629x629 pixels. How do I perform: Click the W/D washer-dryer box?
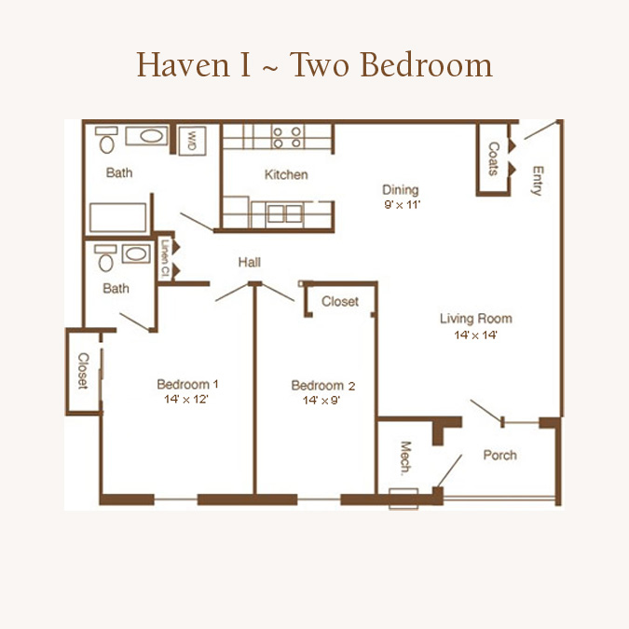(192, 141)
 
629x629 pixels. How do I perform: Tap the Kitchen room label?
(286, 174)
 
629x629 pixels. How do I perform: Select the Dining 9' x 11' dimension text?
(402, 205)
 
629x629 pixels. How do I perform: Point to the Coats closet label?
(493, 158)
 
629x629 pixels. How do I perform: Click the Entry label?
(537, 181)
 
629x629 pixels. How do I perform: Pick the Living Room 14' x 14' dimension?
(476, 335)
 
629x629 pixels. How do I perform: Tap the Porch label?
(499, 455)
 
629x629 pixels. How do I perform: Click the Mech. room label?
(406, 458)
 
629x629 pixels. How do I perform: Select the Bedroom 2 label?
(323, 386)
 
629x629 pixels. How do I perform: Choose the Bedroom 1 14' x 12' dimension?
(186, 399)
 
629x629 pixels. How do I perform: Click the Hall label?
(249, 263)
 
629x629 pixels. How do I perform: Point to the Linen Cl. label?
(164, 259)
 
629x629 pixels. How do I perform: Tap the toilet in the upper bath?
(107, 140)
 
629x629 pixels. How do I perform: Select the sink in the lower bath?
(136, 253)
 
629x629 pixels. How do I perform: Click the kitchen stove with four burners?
(286, 137)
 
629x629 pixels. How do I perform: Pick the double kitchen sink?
(285, 213)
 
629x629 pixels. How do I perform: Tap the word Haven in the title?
(183, 64)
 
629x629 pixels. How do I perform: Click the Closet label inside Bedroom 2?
(340, 301)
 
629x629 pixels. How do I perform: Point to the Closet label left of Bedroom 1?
(83, 371)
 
